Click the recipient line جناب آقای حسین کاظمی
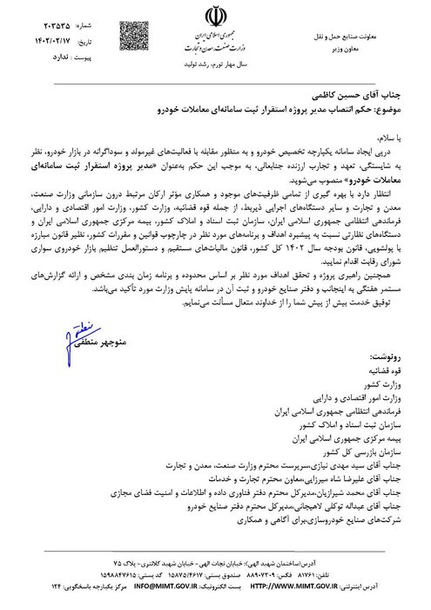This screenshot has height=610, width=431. pos(355,89)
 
